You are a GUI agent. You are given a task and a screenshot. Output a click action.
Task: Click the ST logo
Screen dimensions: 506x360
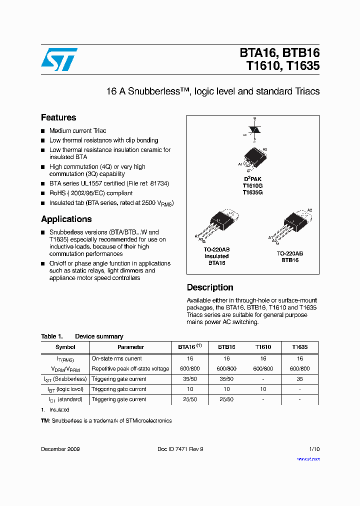point(59,59)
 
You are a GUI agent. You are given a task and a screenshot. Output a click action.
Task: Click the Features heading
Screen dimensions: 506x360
point(58,117)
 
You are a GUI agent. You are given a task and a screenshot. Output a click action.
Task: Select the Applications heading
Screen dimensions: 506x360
point(66,219)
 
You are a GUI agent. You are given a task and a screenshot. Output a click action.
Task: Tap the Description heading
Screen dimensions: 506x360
point(210,287)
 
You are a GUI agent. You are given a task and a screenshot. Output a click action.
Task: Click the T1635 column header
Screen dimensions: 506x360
point(299,347)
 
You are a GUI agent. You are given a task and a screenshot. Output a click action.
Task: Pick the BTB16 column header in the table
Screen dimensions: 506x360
point(226,347)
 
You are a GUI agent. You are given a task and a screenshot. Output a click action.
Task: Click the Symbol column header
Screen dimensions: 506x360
point(65,347)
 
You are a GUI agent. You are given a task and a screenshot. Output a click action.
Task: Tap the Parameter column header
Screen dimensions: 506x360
point(130,347)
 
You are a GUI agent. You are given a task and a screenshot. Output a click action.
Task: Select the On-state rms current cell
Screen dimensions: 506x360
point(116,358)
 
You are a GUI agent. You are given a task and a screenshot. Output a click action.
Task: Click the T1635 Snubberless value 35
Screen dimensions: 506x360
point(299,379)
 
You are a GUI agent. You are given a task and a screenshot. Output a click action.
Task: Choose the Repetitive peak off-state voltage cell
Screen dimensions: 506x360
point(130,368)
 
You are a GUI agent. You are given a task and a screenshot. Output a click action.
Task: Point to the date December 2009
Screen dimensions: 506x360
point(60,449)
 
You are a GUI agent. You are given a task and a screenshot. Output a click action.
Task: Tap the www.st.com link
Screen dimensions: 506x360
point(309,458)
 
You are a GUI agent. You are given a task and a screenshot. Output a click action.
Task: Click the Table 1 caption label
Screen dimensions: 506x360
point(52,336)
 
